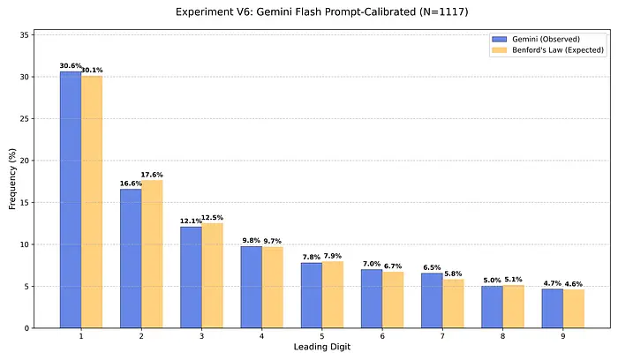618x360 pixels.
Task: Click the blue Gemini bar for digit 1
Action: click(71, 199)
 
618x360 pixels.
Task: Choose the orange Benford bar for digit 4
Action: click(272, 287)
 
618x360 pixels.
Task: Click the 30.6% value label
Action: click(70, 66)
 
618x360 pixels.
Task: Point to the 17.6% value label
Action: click(153, 175)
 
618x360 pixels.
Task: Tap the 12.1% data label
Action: click(191, 221)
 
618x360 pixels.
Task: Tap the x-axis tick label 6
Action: click(382, 337)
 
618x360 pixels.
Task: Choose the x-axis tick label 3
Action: click(201, 337)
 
